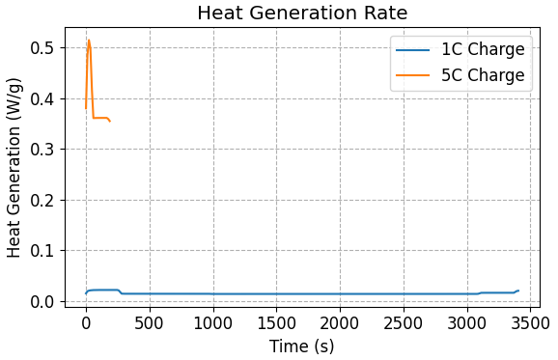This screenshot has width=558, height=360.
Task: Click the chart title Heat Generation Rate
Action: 302,14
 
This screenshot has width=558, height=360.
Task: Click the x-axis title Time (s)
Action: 302,346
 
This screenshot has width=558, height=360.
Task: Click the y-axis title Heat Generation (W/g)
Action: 14,169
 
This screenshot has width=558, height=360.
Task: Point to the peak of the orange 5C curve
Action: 89,41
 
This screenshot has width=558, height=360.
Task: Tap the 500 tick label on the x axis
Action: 150,321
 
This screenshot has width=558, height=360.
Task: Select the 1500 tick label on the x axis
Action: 276,321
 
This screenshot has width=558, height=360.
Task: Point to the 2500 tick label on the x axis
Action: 403,321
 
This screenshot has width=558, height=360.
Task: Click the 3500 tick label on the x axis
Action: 529,321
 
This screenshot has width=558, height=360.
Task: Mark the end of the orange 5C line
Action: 110,122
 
